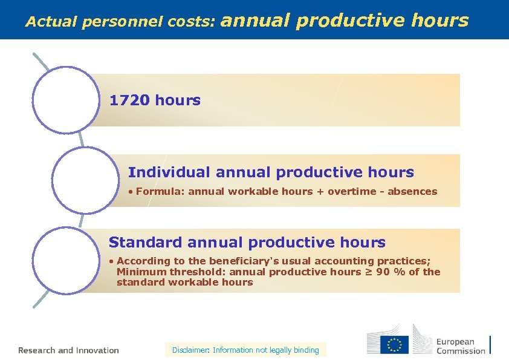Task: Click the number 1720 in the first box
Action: click(129, 100)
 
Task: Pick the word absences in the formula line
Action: click(412, 192)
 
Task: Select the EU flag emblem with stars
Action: click(394, 344)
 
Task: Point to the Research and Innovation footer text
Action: click(68, 350)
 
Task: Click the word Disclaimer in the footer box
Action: click(190, 350)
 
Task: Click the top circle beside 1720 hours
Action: click(65, 100)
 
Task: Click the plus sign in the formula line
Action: click(320, 192)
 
